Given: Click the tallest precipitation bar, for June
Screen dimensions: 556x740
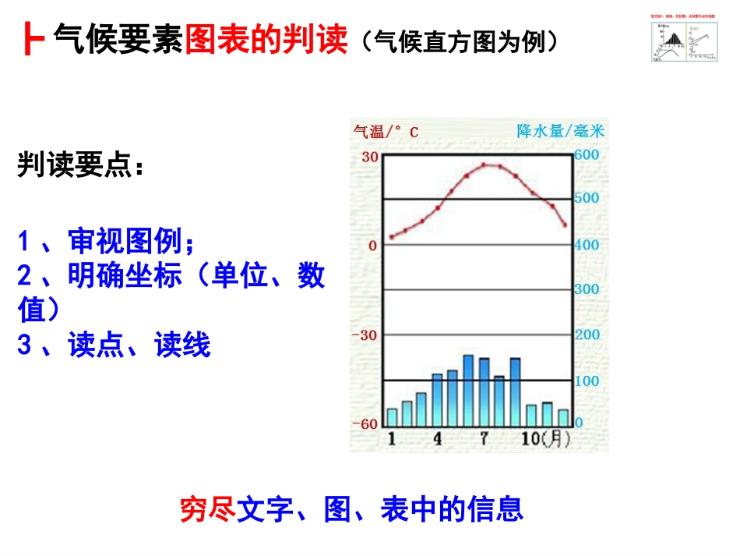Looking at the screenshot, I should (468, 390).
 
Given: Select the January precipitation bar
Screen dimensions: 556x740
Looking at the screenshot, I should (392, 417).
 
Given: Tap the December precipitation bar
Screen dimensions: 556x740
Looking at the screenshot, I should (562, 417).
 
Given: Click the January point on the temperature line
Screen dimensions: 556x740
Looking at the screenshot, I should (392, 236).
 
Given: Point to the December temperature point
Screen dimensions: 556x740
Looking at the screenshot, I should (565, 225).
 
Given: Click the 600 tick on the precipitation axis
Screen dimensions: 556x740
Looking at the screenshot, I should (587, 154).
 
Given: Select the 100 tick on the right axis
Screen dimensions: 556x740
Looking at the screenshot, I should (587, 381).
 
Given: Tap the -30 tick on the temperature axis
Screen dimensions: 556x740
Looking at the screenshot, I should (365, 335).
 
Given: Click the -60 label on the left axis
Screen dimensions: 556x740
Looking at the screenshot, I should (365, 423).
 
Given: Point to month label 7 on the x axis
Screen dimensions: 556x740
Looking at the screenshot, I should (484, 439).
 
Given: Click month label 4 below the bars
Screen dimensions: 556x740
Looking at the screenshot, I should (437, 439).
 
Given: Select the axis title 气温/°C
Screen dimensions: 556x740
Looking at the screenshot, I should (386, 132).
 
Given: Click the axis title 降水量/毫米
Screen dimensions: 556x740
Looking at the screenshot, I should (561, 131).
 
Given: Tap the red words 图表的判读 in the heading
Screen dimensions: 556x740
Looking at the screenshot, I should (266, 38).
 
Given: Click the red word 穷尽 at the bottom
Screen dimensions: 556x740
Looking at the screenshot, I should (207, 509).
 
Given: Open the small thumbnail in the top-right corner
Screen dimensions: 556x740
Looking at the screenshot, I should (683, 39).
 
